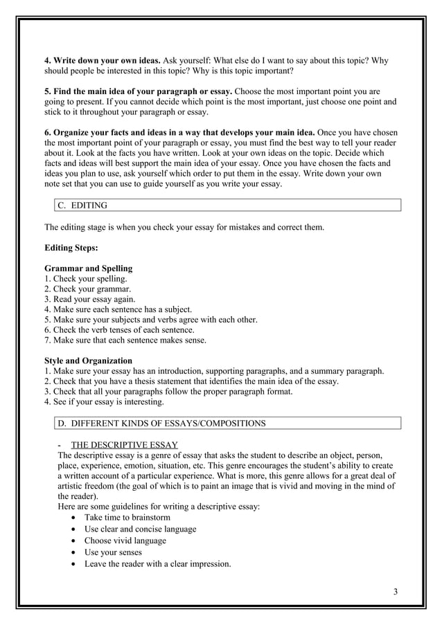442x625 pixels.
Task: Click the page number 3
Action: pos(395,590)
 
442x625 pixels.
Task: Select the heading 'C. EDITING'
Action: pos(82,206)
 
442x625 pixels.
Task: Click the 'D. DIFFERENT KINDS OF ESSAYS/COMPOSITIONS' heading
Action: pos(161,423)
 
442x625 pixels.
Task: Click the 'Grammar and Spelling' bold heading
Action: pos(88,268)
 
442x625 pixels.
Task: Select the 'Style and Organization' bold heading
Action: pos(88,361)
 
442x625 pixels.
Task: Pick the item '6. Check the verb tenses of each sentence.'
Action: pos(119,330)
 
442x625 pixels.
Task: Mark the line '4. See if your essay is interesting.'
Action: pos(104,402)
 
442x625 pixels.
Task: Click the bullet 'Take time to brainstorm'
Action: pos(127,517)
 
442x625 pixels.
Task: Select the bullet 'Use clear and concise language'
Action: pos(140,529)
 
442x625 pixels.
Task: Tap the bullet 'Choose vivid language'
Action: pos(125,541)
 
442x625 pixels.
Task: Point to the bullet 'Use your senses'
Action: pos(113,552)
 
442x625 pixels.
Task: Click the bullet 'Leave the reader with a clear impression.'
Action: pos(157,564)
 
